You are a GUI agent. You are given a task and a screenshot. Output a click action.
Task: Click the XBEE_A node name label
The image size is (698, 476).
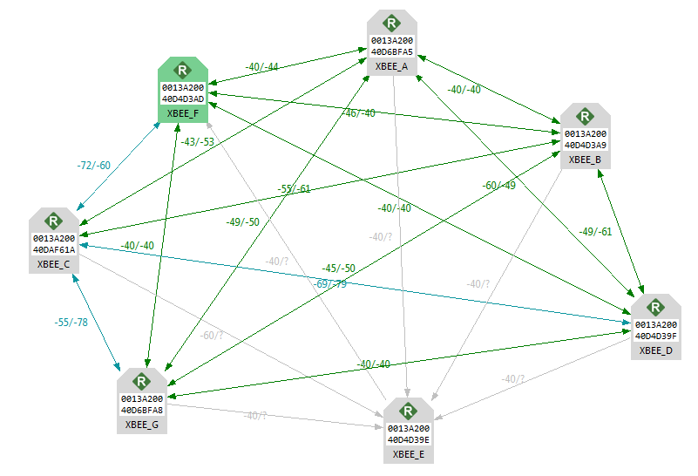pyautogui.click(x=392, y=66)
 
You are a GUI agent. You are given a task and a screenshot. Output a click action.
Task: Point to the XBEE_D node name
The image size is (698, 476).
pyautogui.click(x=655, y=350)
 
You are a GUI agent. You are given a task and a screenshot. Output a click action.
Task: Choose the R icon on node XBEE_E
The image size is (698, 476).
pyautogui.click(x=408, y=411)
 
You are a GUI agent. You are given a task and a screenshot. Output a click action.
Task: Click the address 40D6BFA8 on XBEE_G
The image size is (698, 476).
pyautogui.click(x=142, y=408)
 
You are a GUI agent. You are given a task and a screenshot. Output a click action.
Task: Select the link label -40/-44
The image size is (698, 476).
pyautogui.click(x=261, y=67)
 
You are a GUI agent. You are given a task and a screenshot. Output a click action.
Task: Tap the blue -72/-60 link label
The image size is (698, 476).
pyautogui.click(x=94, y=165)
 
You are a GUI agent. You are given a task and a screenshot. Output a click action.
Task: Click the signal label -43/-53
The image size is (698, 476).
pyautogui.click(x=198, y=142)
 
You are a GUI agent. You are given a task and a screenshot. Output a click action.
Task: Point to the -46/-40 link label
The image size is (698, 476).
pyautogui.click(x=358, y=113)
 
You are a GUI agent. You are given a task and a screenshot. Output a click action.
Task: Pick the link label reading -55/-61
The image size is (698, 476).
pyautogui.click(x=295, y=189)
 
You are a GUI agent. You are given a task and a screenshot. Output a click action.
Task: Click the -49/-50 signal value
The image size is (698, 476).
pyautogui.click(x=242, y=222)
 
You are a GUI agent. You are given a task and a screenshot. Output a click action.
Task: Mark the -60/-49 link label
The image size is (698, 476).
pyautogui.click(x=499, y=185)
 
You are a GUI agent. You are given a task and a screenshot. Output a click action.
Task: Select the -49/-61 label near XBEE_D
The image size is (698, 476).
pyautogui.click(x=595, y=231)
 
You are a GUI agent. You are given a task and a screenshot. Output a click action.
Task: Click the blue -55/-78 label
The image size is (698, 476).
pyautogui.click(x=71, y=323)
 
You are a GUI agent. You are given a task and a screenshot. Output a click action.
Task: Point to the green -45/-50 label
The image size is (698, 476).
pyautogui.click(x=338, y=268)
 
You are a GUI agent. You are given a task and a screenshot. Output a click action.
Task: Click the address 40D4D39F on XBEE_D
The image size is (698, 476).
pyautogui.click(x=656, y=335)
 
